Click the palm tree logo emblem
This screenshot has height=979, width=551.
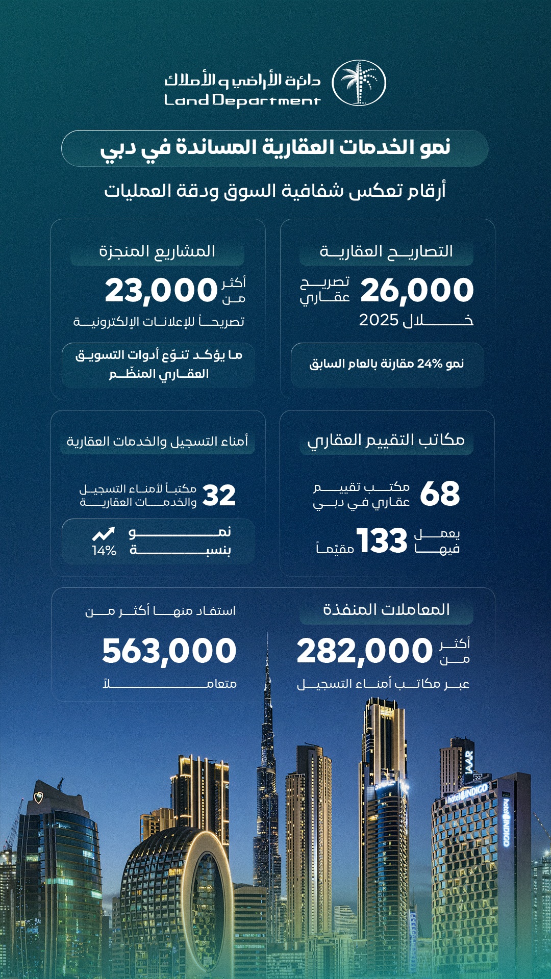[x=359, y=83]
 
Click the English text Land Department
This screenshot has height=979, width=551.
[x=242, y=100]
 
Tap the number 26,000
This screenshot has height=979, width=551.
[x=417, y=290]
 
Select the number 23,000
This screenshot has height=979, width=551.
[x=161, y=291]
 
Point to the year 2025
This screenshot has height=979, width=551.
[x=379, y=320]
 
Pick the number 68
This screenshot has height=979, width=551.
[x=440, y=494]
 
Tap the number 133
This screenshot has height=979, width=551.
[x=382, y=541]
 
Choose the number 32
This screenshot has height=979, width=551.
[x=219, y=495]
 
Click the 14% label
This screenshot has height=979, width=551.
[x=104, y=551]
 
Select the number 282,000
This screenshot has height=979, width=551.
[x=364, y=652]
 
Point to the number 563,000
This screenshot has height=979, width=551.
[x=169, y=652]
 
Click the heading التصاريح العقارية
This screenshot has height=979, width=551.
[x=386, y=251]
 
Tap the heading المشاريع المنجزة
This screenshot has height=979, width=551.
[x=157, y=251]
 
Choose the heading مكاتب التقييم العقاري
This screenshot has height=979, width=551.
[x=386, y=440]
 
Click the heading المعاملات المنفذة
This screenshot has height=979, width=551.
[x=386, y=610]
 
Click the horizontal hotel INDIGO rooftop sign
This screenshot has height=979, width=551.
[x=467, y=793]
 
